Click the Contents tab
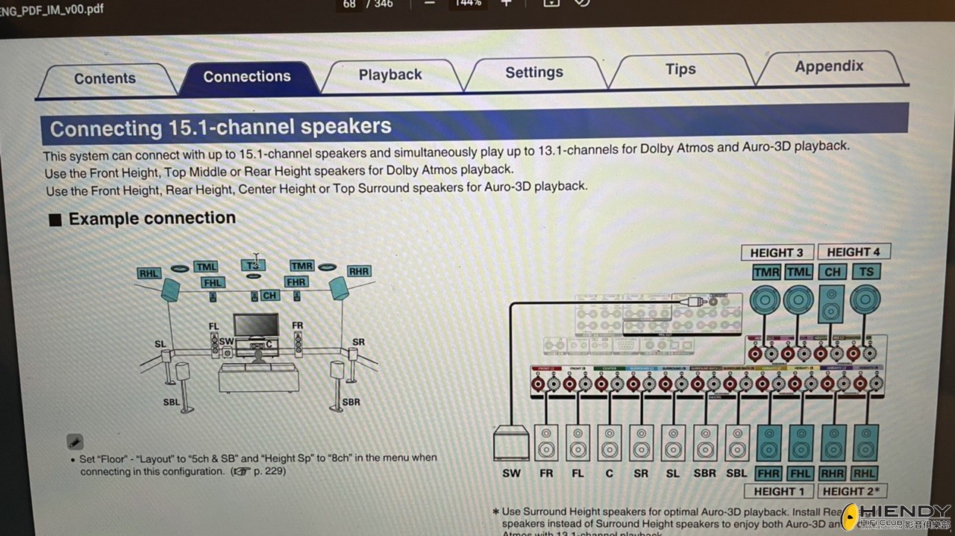[x=104, y=78]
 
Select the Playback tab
[x=390, y=75]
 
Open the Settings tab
[x=534, y=72]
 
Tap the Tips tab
[x=680, y=69]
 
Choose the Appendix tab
[x=829, y=66]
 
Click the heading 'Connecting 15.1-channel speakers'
[x=221, y=127]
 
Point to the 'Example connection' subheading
[x=151, y=219]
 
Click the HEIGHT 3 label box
[x=777, y=252]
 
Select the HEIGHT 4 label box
[x=853, y=252]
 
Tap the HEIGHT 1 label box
[x=779, y=491]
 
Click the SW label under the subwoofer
[x=512, y=473]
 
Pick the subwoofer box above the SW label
[x=512, y=443]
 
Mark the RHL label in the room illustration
[x=148, y=273]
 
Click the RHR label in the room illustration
[x=359, y=271]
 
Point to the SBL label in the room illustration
[x=172, y=402]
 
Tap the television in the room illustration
[x=256, y=325]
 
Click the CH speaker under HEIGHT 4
[x=832, y=303]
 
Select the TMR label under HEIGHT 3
[x=766, y=272]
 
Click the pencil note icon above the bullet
[x=75, y=441]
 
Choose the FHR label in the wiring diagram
[x=768, y=473]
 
